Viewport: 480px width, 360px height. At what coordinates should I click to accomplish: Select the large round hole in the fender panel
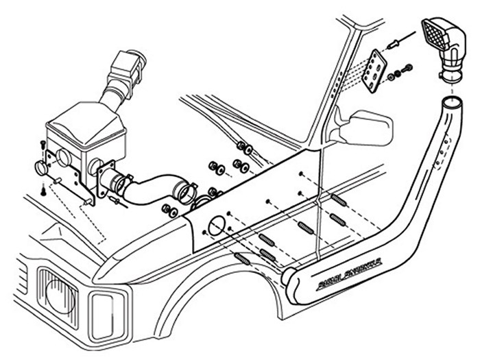[x=214, y=227]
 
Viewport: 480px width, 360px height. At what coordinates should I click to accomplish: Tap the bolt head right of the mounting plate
[x=409, y=68]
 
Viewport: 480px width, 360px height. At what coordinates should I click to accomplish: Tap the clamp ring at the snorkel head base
[x=449, y=72]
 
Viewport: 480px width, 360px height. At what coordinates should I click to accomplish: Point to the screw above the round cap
[x=43, y=144]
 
